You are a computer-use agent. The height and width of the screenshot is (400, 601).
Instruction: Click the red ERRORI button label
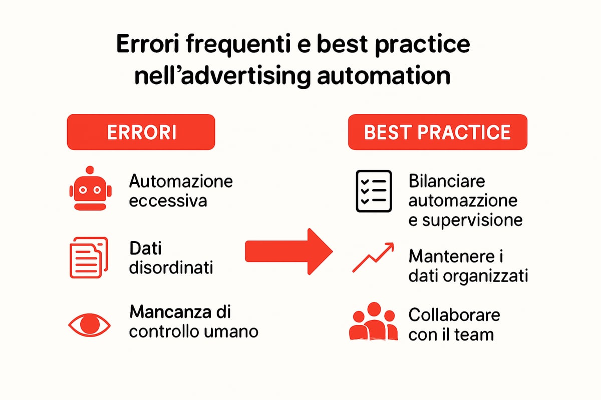(x=141, y=132)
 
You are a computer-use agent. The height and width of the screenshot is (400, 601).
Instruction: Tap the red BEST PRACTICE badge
(x=438, y=132)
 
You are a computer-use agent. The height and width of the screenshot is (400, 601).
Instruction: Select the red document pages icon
(x=88, y=257)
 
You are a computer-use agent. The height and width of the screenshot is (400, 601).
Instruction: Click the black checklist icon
(x=373, y=191)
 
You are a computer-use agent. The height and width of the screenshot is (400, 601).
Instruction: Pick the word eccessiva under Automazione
(x=168, y=201)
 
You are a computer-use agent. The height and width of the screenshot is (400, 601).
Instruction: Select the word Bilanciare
(x=447, y=181)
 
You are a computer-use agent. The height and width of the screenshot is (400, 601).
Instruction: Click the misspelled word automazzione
(x=463, y=200)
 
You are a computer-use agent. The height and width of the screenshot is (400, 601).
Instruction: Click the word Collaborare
(x=454, y=315)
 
